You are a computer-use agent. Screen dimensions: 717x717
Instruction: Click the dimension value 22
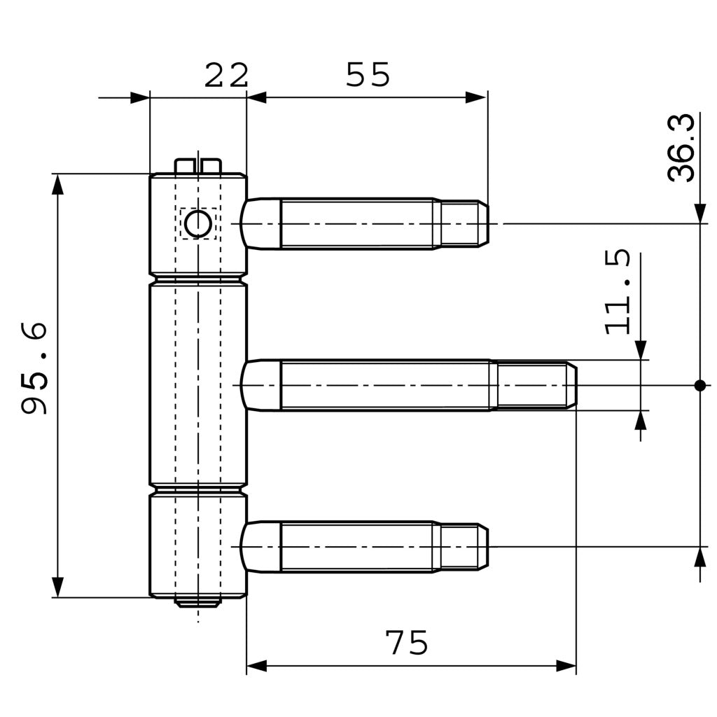pos(226,76)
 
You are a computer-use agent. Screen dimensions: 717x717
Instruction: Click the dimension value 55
pos(368,75)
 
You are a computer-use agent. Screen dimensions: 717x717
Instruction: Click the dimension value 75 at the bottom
pos(407,643)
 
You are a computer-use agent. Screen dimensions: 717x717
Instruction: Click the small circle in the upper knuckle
pos(197,224)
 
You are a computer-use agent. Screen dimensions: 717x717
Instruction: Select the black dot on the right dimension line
pos(699,385)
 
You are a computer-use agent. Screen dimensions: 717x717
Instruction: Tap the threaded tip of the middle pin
pos(536,385)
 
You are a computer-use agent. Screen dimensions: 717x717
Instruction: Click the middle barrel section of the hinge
pos(198,385)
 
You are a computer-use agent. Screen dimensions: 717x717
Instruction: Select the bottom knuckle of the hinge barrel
pos(198,546)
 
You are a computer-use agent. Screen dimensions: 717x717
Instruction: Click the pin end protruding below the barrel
pos(198,601)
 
